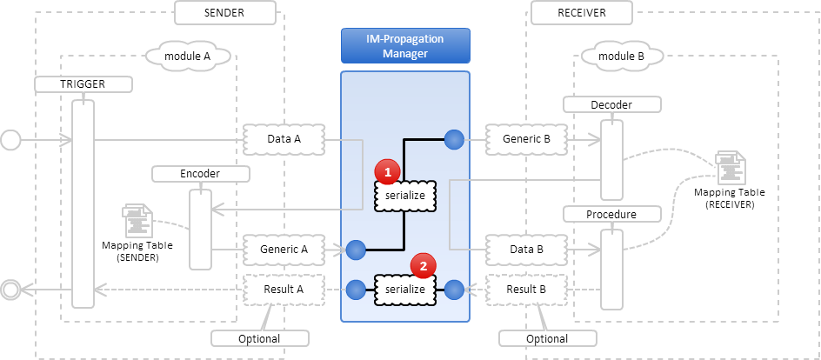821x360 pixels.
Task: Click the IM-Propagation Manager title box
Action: point(404,45)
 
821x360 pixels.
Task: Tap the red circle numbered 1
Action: point(387,172)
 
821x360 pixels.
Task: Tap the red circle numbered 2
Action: point(423,266)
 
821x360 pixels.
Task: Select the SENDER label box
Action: point(225,13)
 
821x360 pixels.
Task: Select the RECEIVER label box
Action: point(580,13)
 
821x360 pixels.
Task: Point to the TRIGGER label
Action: point(82,84)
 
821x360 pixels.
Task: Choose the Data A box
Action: point(283,138)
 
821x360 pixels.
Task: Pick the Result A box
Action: point(283,288)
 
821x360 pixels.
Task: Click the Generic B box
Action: point(525,138)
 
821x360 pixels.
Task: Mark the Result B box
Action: point(525,288)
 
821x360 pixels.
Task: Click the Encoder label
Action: point(200,174)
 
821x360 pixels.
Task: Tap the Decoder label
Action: point(611,105)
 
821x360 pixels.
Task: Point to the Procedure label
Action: point(611,214)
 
